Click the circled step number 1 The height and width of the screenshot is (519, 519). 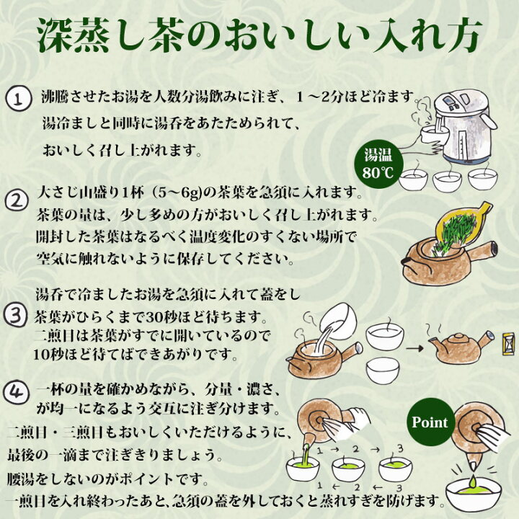click(19, 98)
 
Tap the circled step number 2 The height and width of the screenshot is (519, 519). click(17, 200)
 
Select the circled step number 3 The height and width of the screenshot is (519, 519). click(16, 316)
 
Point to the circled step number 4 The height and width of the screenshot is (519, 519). click(16, 393)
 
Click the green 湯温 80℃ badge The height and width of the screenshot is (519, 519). click(378, 164)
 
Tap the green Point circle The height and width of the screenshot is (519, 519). click(430, 422)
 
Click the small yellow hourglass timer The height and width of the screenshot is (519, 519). click(508, 345)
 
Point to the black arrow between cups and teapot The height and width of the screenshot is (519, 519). click(414, 348)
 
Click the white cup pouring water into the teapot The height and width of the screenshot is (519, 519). click(337, 320)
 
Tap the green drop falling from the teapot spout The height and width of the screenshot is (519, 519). click(472, 479)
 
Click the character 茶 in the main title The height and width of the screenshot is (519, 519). click(167, 35)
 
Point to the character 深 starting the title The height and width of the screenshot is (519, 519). click(56, 35)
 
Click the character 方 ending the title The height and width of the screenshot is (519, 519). click(463, 35)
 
